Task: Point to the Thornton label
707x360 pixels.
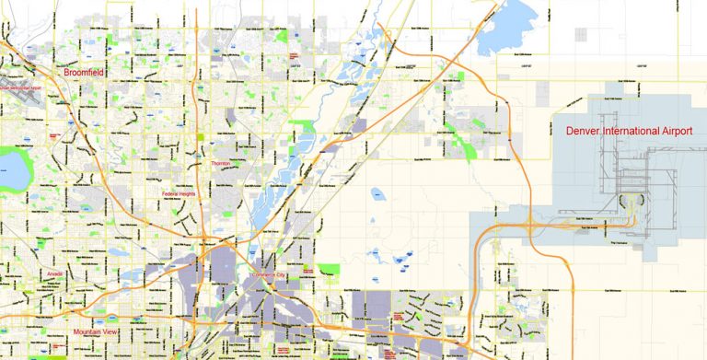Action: tap(221, 163)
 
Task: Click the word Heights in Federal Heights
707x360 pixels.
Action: tap(189, 194)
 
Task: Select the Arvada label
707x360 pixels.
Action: tap(56, 275)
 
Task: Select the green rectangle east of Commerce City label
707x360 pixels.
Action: tap(330, 271)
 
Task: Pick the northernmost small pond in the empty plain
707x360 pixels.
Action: tap(378, 194)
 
